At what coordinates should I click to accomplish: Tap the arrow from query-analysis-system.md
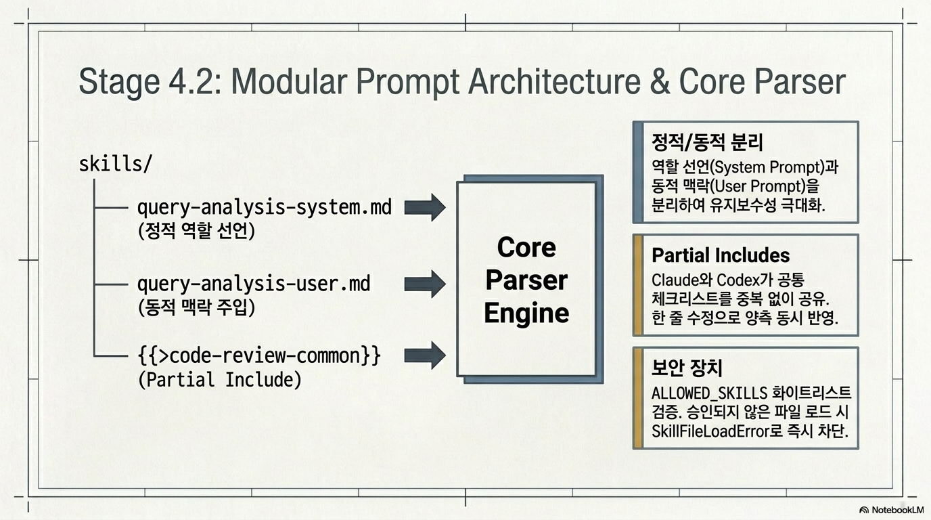(x=425, y=207)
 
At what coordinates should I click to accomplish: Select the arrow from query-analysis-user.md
(x=425, y=284)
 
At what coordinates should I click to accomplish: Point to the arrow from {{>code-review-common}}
(x=425, y=355)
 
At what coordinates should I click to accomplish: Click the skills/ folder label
(x=115, y=163)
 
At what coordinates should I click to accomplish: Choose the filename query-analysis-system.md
(x=265, y=207)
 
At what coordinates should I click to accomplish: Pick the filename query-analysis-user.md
(x=254, y=284)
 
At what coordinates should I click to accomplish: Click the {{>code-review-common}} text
(x=259, y=355)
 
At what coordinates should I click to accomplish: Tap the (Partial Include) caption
(x=220, y=379)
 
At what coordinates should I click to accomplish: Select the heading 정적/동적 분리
(x=707, y=143)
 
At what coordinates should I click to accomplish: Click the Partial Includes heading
(x=721, y=255)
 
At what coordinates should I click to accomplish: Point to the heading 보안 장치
(x=687, y=368)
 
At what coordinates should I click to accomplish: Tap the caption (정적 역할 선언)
(x=196, y=230)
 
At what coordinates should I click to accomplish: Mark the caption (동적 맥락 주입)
(x=196, y=307)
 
